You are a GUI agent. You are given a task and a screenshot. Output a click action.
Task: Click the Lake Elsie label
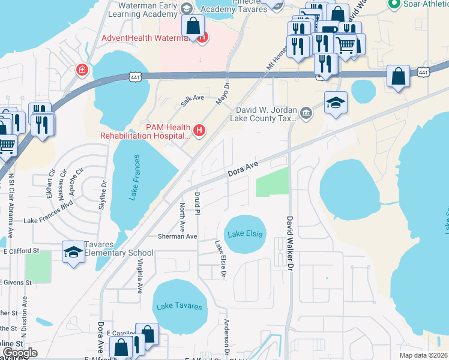(244, 233)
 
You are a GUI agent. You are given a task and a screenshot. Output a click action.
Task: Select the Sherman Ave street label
(177, 236)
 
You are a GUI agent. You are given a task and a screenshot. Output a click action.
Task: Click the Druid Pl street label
(197, 203)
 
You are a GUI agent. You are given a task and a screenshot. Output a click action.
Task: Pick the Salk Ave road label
(193, 101)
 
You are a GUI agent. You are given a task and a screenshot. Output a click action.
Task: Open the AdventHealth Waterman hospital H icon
(202, 37)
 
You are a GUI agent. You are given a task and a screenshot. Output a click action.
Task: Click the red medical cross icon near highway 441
(81, 71)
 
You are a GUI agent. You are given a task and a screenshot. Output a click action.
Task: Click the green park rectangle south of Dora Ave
(272, 182)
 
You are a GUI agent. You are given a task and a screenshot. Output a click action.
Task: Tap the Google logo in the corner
(20, 353)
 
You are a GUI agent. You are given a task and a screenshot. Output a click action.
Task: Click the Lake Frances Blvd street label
(48, 220)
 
